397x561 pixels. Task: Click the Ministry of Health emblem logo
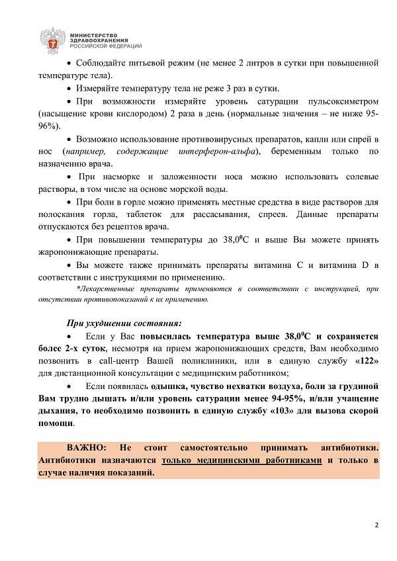pyautogui.click(x=51, y=39)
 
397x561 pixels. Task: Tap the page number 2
pyautogui.click(x=376, y=525)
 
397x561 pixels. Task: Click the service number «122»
pyautogui.click(x=367, y=362)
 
